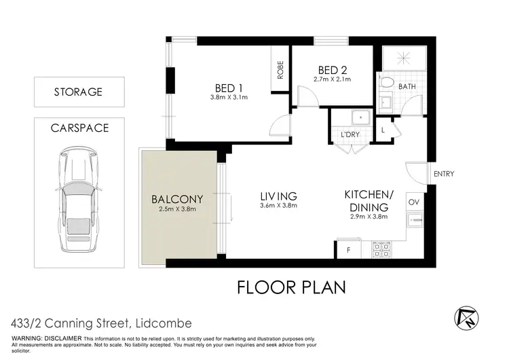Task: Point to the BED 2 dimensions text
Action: click(333, 79)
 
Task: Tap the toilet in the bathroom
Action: click(388, 83)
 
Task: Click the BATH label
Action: click(407, 86)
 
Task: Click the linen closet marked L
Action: click(383, 129)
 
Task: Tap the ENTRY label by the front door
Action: click(444, 174)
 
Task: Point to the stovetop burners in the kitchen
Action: click(380, 250)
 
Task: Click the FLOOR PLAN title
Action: click(291, 286)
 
